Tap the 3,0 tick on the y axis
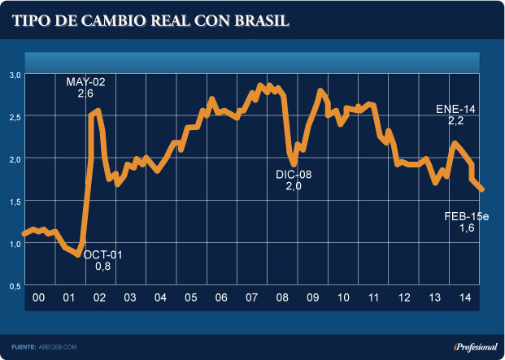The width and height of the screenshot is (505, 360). [x=15, y=74]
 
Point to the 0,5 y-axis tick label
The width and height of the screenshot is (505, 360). [x=15, y=286]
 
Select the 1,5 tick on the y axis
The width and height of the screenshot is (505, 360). [x=15, y=201]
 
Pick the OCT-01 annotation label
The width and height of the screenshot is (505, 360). [x=102, y=254]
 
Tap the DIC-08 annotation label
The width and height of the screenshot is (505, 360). [x=294, y=173]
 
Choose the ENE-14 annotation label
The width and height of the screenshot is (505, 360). [x=455, y=108]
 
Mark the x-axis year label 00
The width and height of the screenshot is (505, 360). [x=37, y=298]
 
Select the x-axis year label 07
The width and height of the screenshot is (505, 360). [x=252, y=298]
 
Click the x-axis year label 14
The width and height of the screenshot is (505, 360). [x=465, y=298]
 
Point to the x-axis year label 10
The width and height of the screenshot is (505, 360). [x=343, y=298]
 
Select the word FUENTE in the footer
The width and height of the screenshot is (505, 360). [x=24, y=346]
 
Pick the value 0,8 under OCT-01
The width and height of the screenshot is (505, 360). [x=102, y=266]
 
